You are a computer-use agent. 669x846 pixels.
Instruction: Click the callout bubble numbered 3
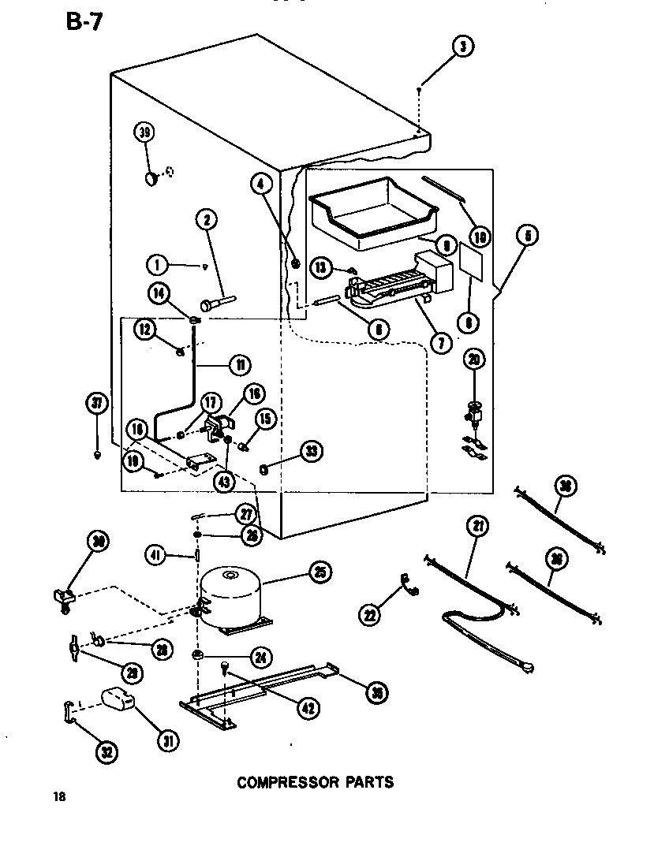[462, 47]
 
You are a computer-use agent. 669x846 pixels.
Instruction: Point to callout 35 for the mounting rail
[376, 691]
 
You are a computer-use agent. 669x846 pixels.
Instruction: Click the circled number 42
[308, 708]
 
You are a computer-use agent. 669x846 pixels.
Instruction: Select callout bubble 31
[167, 740]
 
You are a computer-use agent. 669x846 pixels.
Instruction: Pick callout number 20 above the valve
[473, 360]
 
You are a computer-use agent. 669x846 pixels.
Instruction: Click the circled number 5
[528, 234]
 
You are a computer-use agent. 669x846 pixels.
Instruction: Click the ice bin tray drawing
[372, 207]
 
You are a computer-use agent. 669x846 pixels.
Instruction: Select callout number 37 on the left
[97, 404]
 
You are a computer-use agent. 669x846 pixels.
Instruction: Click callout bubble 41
[156, 554]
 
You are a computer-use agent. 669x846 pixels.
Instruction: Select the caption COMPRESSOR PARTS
[315, 782]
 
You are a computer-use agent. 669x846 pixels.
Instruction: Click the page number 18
[58, 796]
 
